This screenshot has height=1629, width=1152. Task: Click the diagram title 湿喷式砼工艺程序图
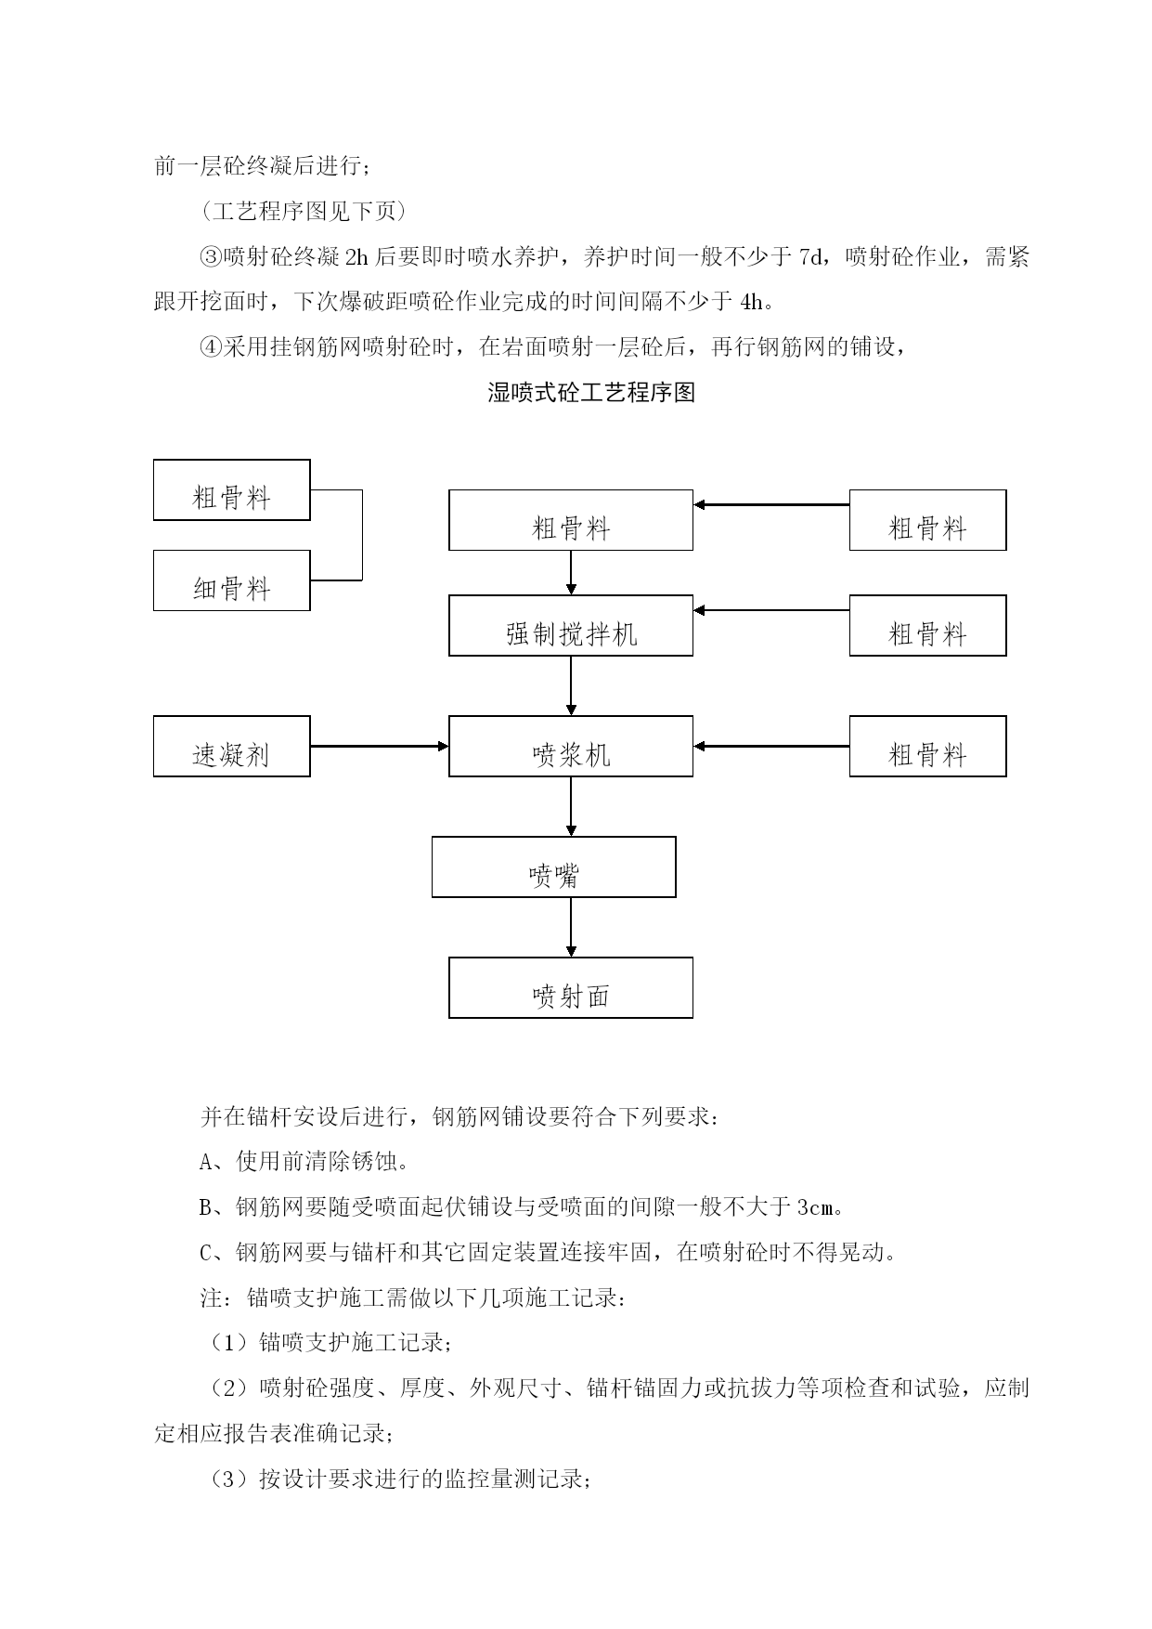[591, 392]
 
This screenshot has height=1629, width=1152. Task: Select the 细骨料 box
[231, 580]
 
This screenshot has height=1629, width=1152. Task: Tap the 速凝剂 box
[231, 746]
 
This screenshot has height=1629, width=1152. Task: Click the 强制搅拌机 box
[571, 625]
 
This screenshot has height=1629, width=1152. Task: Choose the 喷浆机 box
[571, 746]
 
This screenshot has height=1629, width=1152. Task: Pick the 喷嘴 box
[553, 867]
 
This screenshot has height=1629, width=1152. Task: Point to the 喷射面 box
[571, 987]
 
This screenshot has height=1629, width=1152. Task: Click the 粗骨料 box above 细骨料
[231, 489]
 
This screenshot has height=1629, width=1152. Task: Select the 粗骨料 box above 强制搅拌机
[571, 520]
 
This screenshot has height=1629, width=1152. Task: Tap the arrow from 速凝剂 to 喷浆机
[380, 746]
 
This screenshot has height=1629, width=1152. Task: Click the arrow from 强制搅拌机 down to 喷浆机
[571, 685]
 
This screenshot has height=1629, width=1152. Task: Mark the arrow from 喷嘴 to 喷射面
[571, 927]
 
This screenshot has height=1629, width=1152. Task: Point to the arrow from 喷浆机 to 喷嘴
[571, 806]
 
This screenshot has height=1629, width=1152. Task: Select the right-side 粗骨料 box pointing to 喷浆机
[927, 746]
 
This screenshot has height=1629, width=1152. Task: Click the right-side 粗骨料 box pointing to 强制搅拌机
[927, 625]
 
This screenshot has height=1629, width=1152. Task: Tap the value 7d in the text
[811, 257]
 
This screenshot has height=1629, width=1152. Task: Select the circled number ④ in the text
[212, 347]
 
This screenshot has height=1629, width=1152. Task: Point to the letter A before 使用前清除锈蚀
[206, 1162]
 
